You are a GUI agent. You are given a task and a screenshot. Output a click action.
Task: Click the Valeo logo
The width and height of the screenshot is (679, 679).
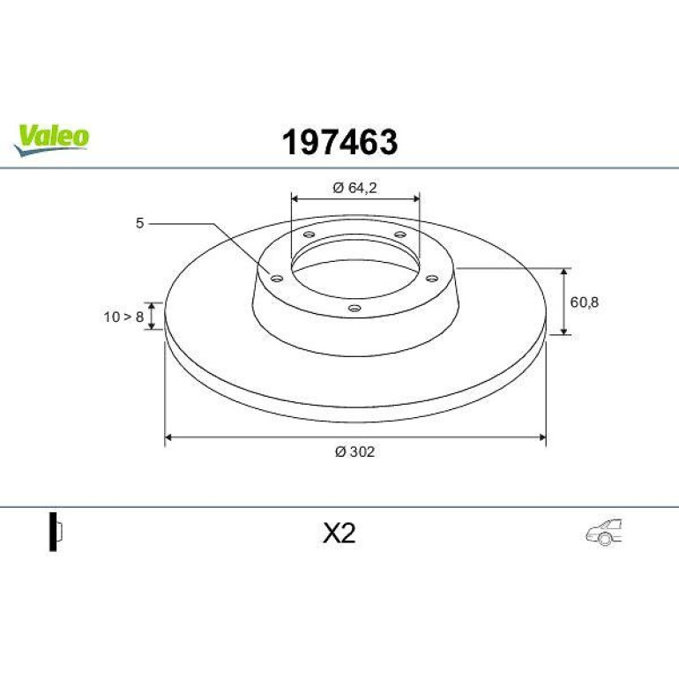pos(51,139)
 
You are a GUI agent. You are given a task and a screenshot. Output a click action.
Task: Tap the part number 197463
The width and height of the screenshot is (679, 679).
pos(339,142)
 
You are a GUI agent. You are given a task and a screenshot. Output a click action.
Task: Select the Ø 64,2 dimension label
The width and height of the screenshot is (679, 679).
pos(354,188)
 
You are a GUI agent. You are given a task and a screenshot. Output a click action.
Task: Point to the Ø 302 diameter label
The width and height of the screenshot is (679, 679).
pos(354,451)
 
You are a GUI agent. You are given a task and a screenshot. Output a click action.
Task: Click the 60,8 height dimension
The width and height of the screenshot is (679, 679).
pos(584,302)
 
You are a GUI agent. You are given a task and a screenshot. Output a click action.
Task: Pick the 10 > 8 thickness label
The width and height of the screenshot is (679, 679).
pos(123,317)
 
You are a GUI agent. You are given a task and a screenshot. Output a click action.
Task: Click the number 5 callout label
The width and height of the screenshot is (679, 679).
pos(139,223)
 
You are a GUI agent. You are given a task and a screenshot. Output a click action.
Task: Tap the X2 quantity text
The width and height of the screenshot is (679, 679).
pos(339,533)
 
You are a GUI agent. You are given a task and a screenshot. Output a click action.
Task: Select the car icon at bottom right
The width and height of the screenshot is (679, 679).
pos(604,532)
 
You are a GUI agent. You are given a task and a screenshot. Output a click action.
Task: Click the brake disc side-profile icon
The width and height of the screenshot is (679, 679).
pos(56,532)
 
